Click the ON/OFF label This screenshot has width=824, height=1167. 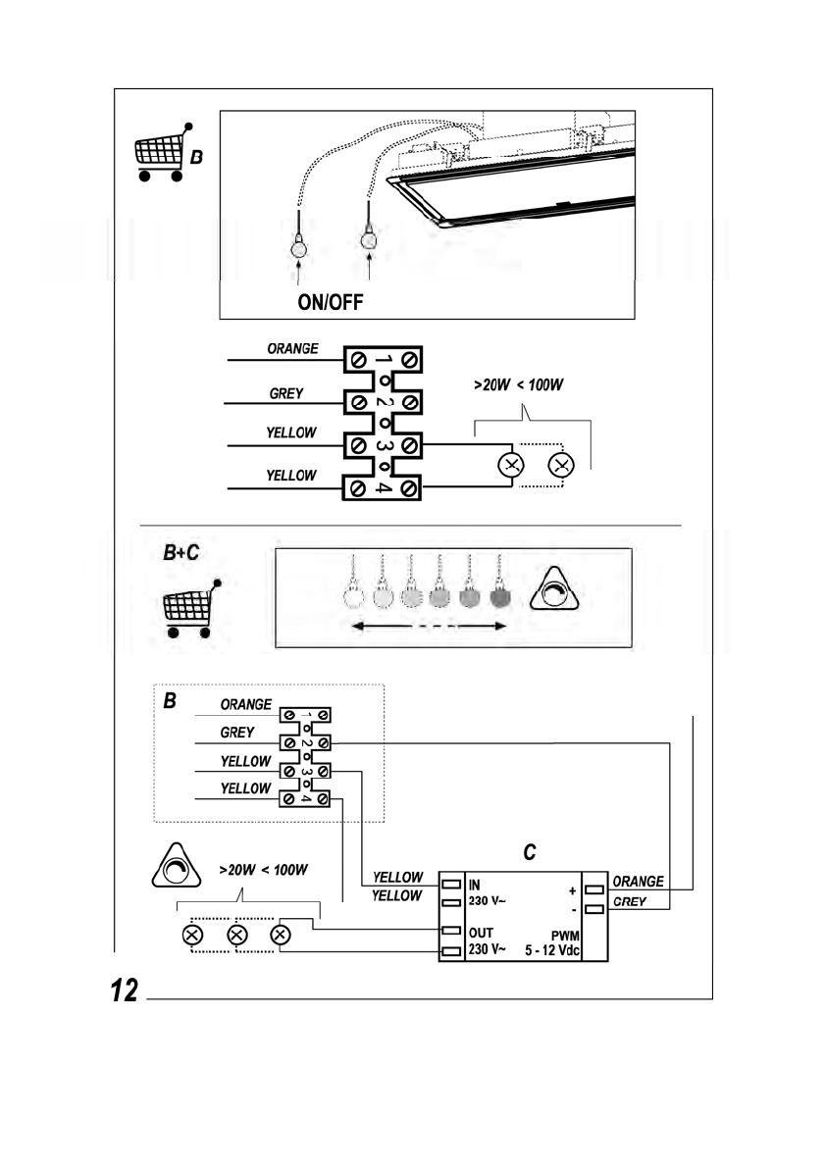pos(330,301)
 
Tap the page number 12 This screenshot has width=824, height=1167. pos(125,990)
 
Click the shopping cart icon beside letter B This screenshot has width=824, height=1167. pos(162,153)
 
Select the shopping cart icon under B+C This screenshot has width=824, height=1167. pos(191,609)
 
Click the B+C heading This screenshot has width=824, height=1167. pos(180,552)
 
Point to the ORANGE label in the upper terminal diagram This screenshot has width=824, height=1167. pos(292,348)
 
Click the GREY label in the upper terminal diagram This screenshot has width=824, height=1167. pos(286,393)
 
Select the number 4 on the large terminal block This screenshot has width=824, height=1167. pos(383,488)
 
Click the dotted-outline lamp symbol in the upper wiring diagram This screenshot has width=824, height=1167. pos(560,465)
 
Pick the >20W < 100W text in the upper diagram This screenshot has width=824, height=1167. pos(518,384)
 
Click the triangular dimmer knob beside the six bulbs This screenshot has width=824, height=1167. pos(554,590)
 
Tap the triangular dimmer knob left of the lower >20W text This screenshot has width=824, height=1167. pos(177,866)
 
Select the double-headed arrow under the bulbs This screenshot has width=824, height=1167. pos(429,627)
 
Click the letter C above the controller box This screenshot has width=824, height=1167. pos(530,852)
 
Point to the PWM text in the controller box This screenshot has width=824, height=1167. pos(566,936)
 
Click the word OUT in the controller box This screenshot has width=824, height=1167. pos(481,933)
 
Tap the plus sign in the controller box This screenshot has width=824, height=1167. pos(573,890)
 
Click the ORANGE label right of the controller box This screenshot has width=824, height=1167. pos(638,882)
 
